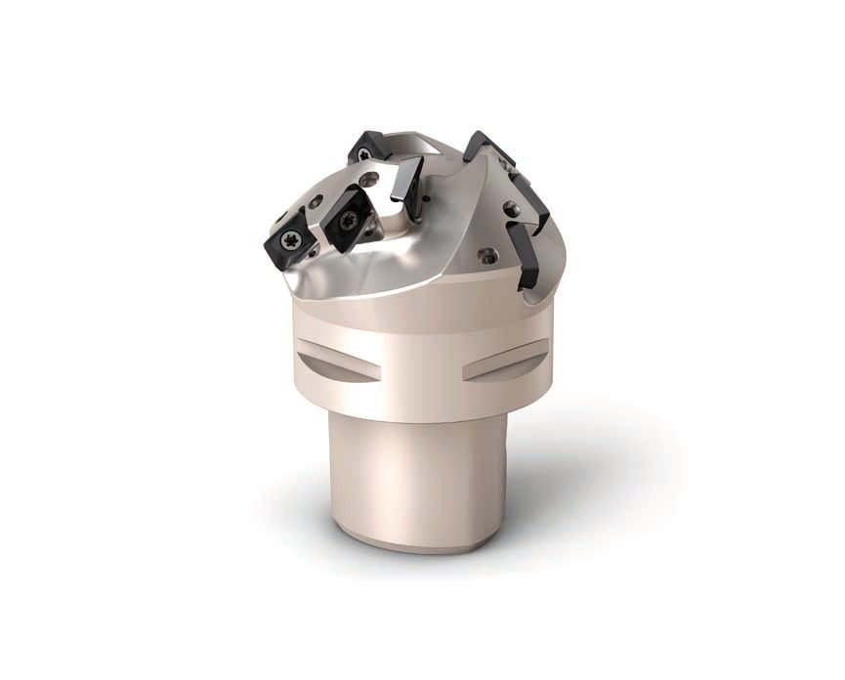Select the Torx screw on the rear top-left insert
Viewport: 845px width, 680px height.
[363, 153]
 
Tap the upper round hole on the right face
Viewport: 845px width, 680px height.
[509, 207]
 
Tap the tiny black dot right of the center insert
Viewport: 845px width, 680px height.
[428, 198]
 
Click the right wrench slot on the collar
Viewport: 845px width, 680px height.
[505, 361]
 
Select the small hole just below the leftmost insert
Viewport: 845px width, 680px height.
[312, 256]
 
